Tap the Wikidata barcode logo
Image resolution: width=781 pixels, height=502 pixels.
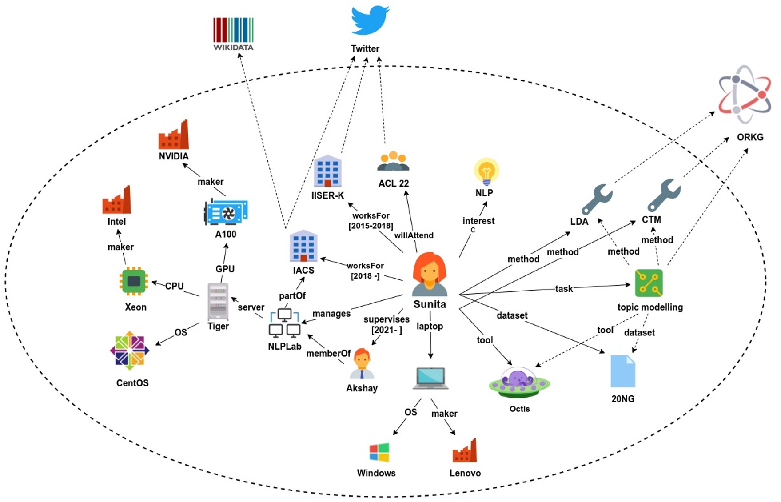(233, 30)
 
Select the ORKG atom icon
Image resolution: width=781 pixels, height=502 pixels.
(745, 94)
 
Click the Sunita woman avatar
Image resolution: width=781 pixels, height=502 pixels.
(429, 274)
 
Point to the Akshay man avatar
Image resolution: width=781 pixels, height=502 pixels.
(362, 363)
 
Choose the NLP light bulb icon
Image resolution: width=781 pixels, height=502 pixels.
(486, 171)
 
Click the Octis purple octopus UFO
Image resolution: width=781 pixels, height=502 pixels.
(519, 382)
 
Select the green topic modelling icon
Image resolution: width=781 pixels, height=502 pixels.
(649, 283)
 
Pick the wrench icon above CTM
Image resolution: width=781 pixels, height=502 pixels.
(664, 195)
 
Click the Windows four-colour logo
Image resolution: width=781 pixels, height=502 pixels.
(379, 453)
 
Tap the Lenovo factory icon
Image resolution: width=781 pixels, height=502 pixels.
(465, 450)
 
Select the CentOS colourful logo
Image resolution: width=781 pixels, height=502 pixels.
(129, 351)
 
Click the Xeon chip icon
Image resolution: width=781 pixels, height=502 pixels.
(134, 281)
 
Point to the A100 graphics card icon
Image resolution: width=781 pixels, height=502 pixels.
(226, 212)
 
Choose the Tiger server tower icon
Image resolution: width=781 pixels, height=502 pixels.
(218, 302)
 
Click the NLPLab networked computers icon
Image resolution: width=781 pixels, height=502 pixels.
(284, 323)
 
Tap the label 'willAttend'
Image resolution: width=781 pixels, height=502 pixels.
(414, 235)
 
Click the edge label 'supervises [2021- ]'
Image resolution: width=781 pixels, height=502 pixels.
(387, 324)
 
